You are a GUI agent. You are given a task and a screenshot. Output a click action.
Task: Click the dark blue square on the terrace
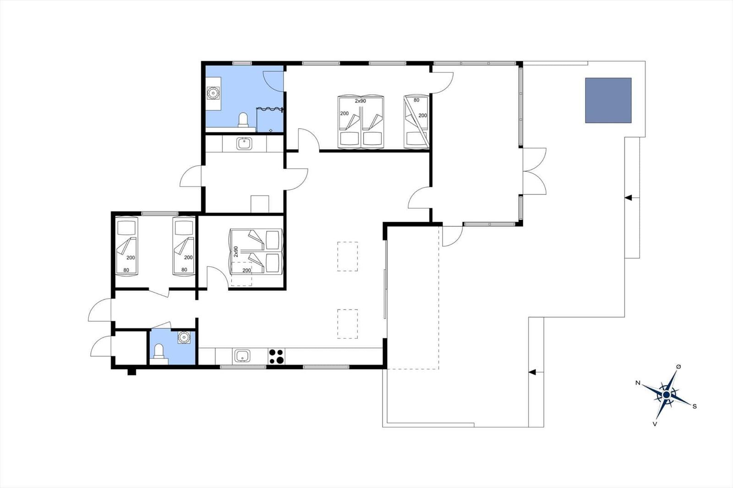608,100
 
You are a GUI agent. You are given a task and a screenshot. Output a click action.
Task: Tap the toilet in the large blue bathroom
243,120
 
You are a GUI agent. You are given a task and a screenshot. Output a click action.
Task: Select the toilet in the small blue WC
159,351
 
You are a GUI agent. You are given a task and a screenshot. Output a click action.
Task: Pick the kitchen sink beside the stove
242,356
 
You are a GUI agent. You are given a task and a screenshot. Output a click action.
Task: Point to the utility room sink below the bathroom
244,143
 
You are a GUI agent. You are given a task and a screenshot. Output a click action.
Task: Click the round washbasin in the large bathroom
213,93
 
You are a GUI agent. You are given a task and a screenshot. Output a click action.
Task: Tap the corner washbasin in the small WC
184,337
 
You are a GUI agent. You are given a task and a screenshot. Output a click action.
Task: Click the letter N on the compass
638,383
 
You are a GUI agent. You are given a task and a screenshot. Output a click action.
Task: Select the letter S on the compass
695,407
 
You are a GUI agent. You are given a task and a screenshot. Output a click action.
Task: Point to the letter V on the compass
655,424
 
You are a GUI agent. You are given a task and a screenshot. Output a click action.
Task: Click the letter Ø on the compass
678,367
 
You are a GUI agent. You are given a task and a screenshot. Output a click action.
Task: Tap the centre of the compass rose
666,395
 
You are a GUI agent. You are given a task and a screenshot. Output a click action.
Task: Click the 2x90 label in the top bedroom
360,101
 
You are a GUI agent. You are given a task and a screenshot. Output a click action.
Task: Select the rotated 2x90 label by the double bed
236,251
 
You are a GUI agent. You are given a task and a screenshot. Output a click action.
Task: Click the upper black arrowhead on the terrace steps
628,198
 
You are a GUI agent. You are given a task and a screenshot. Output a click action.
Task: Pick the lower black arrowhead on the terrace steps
532,372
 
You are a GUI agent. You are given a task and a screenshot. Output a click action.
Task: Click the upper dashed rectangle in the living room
348,256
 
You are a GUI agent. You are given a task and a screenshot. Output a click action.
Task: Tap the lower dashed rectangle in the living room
348,324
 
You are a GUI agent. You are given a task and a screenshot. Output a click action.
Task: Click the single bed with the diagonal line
416,122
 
